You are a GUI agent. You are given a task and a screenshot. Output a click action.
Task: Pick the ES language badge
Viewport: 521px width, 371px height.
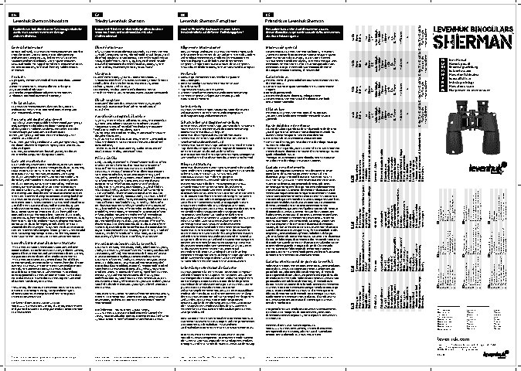269,15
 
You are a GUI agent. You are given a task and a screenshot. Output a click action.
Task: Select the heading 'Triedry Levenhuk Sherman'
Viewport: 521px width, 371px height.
120,20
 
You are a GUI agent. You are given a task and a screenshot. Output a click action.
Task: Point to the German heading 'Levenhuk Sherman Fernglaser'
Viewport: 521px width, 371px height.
207,20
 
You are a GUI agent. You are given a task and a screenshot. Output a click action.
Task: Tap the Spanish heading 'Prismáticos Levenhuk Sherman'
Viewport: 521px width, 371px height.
295,20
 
